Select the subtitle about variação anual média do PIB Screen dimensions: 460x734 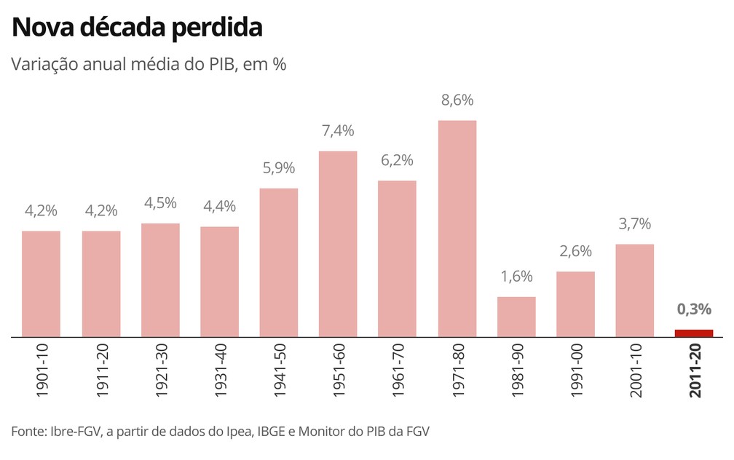[149, 64]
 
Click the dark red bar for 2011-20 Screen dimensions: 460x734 [693, 333]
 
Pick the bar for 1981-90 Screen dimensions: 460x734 [516, 317]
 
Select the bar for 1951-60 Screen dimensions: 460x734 [338, 244]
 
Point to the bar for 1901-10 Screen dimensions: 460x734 [41, 284]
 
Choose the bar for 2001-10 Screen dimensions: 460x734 [634, 290]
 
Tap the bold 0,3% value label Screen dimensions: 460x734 [693, 309]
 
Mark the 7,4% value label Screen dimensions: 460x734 [338, 131]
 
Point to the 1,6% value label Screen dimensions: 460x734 [516, 277]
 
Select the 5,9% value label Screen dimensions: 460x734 [278, 168]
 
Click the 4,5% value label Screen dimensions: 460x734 [160, 203]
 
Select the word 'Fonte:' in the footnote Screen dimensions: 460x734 [28, 432]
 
